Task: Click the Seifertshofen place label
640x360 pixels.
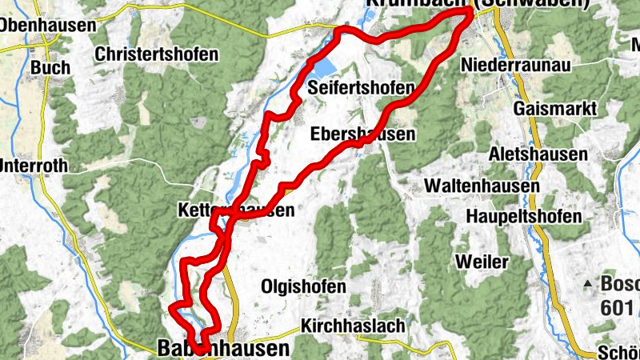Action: coord(362,87)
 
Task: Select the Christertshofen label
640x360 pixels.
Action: coord(156,54)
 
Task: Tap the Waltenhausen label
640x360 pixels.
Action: coord(481,185)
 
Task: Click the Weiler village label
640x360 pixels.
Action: coord(481,262)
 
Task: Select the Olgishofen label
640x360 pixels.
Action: coord(304,286)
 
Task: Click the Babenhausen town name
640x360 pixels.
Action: coord(223,349)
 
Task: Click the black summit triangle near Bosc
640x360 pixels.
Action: coord(588,283)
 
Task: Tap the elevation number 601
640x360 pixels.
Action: coord(616,307)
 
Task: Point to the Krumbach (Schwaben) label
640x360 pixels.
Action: coord(477,4)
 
